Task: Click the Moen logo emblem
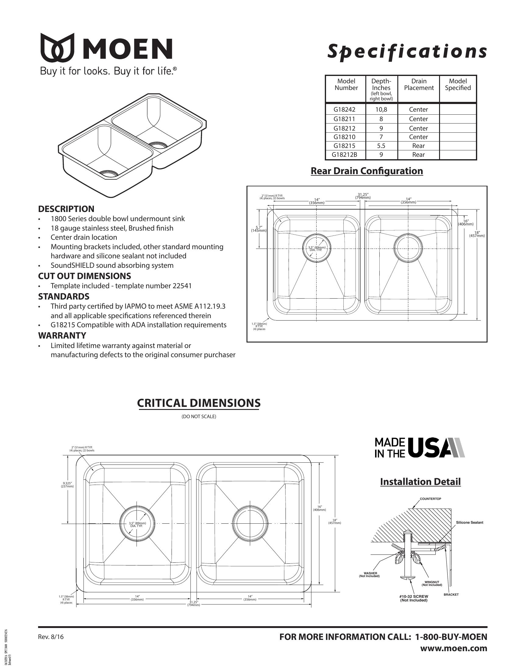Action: tap(57, 47)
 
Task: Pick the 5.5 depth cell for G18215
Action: tap(381, 145)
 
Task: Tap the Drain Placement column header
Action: tap(419, 84)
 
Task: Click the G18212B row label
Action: tap(344, 155)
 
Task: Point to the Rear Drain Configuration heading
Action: tap(367, 171)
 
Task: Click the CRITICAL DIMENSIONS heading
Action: tap(199, 403)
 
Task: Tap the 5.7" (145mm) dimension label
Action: tap(259, 229)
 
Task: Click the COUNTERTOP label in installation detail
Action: tap(430, 499)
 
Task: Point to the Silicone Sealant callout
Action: tap(469, 522)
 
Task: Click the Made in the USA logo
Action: tap(419, 448)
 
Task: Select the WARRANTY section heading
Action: tap(62, 335)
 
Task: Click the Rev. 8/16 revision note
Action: tap(51, 637)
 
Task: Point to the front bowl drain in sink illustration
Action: tap(108, 174)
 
